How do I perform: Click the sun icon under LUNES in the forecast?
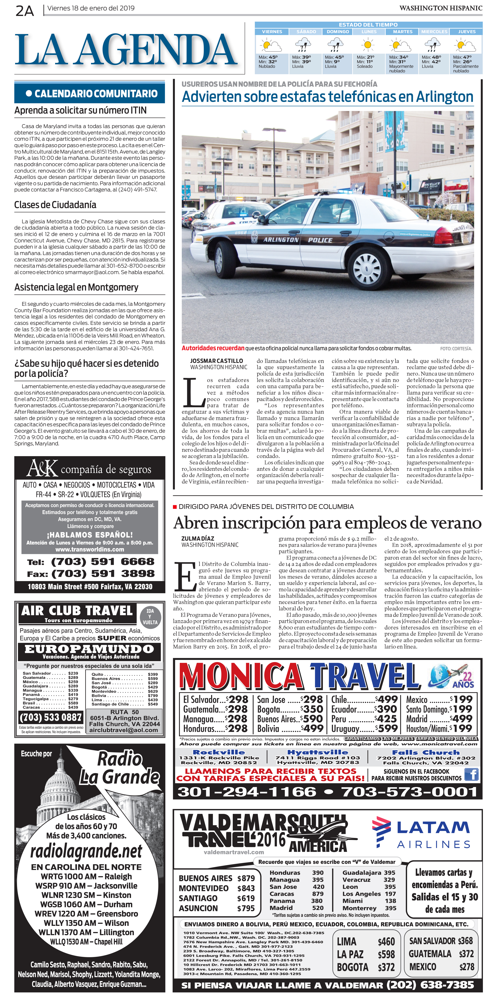(x=368, y=45)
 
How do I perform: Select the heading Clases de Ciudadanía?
(x=55, y=205)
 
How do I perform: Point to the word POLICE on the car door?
(x=320, y=240)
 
